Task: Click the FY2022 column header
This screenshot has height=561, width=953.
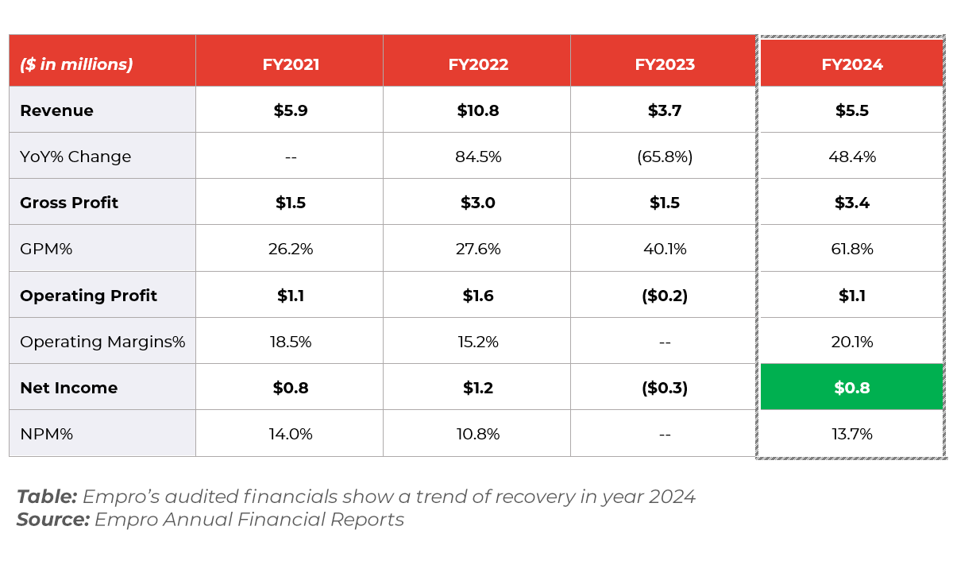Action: point(477,64)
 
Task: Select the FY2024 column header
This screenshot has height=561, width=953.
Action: point(851,64)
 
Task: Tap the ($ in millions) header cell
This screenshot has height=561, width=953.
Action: point(76,64)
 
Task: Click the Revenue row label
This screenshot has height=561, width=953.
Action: point(56,110)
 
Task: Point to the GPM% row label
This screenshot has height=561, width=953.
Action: point(46,249)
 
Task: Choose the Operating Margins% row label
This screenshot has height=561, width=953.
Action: point(102,342)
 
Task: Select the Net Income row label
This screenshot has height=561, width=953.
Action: point(68,388)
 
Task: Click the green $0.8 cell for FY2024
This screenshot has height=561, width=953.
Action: point(851,388)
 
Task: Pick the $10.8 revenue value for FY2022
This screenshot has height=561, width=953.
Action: point(477,110)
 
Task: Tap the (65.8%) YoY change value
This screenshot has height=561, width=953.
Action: point(665,157)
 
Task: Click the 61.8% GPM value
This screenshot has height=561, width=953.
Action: point(851,249)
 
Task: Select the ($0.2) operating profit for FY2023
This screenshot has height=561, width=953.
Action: point(665,296)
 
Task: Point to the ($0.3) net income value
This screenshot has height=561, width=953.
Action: point(665,388)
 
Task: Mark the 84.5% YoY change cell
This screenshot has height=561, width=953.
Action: point(477,157)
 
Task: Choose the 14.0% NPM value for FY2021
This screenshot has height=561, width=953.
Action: point(291,434)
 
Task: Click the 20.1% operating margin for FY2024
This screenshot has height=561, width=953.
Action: point(851,342)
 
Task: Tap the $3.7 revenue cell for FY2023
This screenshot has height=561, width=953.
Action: point(665,110)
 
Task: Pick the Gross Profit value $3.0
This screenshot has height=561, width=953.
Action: point(477,203)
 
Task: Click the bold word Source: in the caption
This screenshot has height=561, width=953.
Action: point(52,520)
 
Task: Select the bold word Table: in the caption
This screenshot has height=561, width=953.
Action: point(47,497)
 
